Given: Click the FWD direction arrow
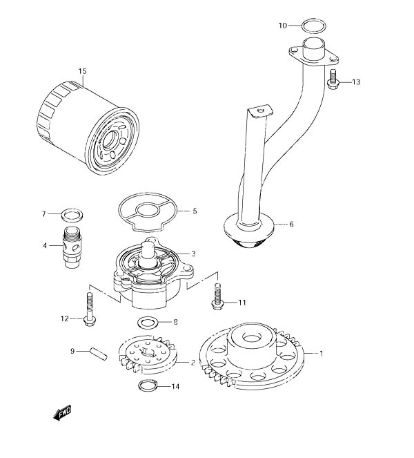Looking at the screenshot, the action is pyautogui.click(x=62, y=412).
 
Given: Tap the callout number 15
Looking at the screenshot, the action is pyautogui.click(x=82, y=71).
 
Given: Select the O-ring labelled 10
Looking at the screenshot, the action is pyautogui.click(x=314, y=26).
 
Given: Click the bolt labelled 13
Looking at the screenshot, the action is pyautogui.click(x=332, y=79).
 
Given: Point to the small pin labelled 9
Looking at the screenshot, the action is pyautogui.click(x=99, y=353).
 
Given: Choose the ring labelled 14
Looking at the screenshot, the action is pyautogui.click(x=148, y=386).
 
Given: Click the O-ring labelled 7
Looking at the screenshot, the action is pyautogui.click(x=72, y=215).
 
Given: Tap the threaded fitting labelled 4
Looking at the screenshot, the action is pyautogui.click(x=70, y=247).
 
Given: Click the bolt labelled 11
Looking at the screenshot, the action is pyautogui.click(x=216, y=296).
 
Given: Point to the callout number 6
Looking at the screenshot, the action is pyautogui.click(x=291, y=225).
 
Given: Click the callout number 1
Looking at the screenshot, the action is pyautogui.click(x=322, y=354).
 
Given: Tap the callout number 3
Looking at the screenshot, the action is pyautogui.click(x=193, y=254).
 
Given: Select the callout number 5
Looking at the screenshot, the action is pyautogui.click(x=195, y=211).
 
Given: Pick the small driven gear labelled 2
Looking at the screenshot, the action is pyautogui.click(x=148, y=354).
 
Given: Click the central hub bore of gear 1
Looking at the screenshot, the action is pyautogui.click(x=251, y=338).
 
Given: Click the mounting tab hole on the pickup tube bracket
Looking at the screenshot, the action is pyautogui.click(x=260, y=110).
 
